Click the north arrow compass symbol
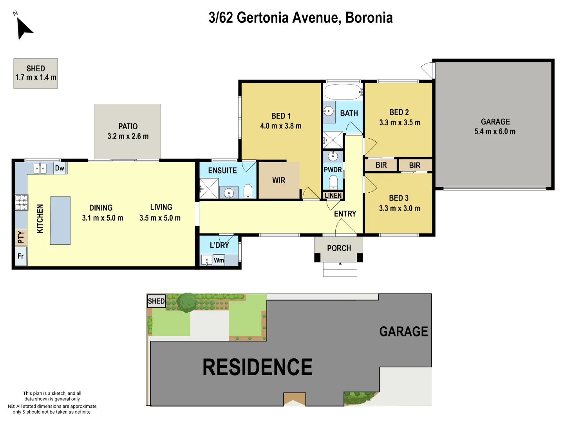(24, 28)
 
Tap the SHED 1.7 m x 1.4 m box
(36, 73)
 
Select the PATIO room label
(128, 127)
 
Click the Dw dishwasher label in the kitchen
(60, 168)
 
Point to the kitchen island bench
(60, 221)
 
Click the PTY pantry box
(21, 237)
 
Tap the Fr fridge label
(21, 256)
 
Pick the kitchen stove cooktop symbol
(22, 202)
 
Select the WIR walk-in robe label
(279, 180)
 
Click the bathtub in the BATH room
(343, 92)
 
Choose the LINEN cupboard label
(333, 195)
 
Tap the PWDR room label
(333, 170)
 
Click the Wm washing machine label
(219, 260)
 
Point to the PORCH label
(339, 248)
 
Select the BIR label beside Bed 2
(381, 165)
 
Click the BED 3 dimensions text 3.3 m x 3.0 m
(399, 208)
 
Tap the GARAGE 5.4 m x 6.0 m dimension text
(495, 132)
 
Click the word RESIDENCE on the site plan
(257, 367)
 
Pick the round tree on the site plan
(187, 302)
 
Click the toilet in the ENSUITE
(248, 191)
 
